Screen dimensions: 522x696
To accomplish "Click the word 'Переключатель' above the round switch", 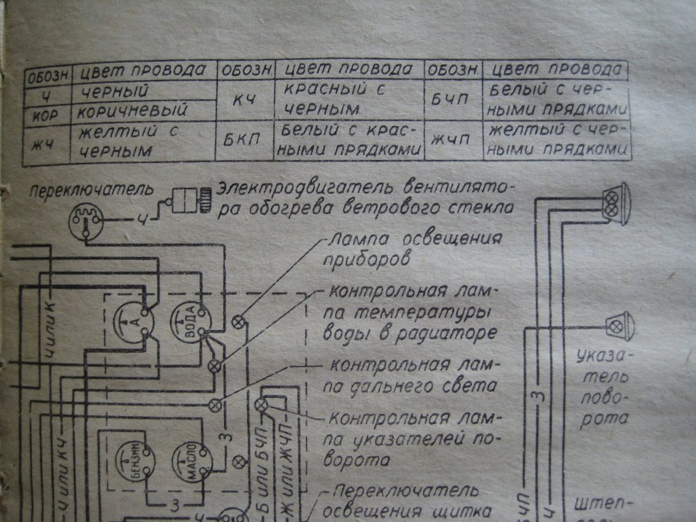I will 76,189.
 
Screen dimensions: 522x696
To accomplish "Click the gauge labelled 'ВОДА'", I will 189,324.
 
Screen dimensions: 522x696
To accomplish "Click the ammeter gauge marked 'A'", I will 132,322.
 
